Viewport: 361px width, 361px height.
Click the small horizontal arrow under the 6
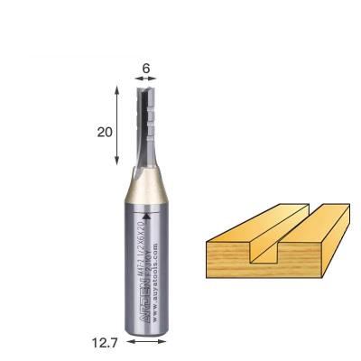click(x=145, y=80)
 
